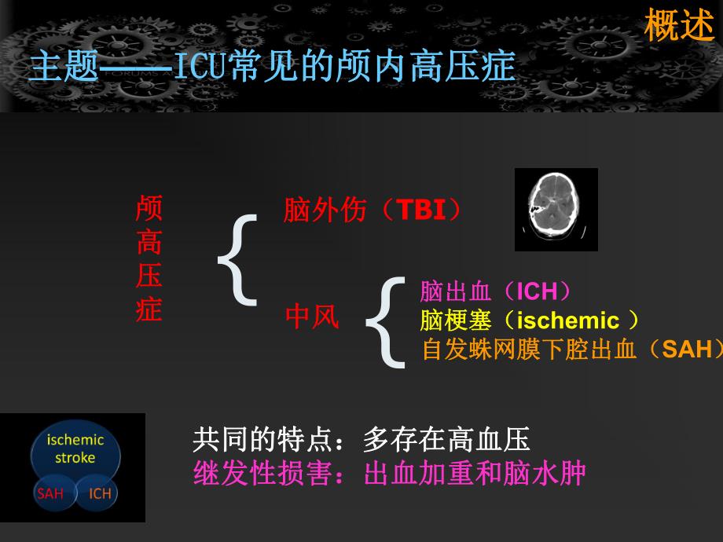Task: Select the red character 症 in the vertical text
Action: pyautogui.click(x=149, y=309)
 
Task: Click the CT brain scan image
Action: pyautogui.click(x=556, y=209)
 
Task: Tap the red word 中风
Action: pyautogui.click(x=312, y=317)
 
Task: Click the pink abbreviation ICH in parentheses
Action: pyautogui.click(x=537, y=292)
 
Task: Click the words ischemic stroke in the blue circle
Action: pyautogui.click(x=75, y=449)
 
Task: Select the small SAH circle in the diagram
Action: pyautogui.click(x=50, y=493)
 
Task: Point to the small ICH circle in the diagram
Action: pyautogui.click(x=100, y=493)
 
